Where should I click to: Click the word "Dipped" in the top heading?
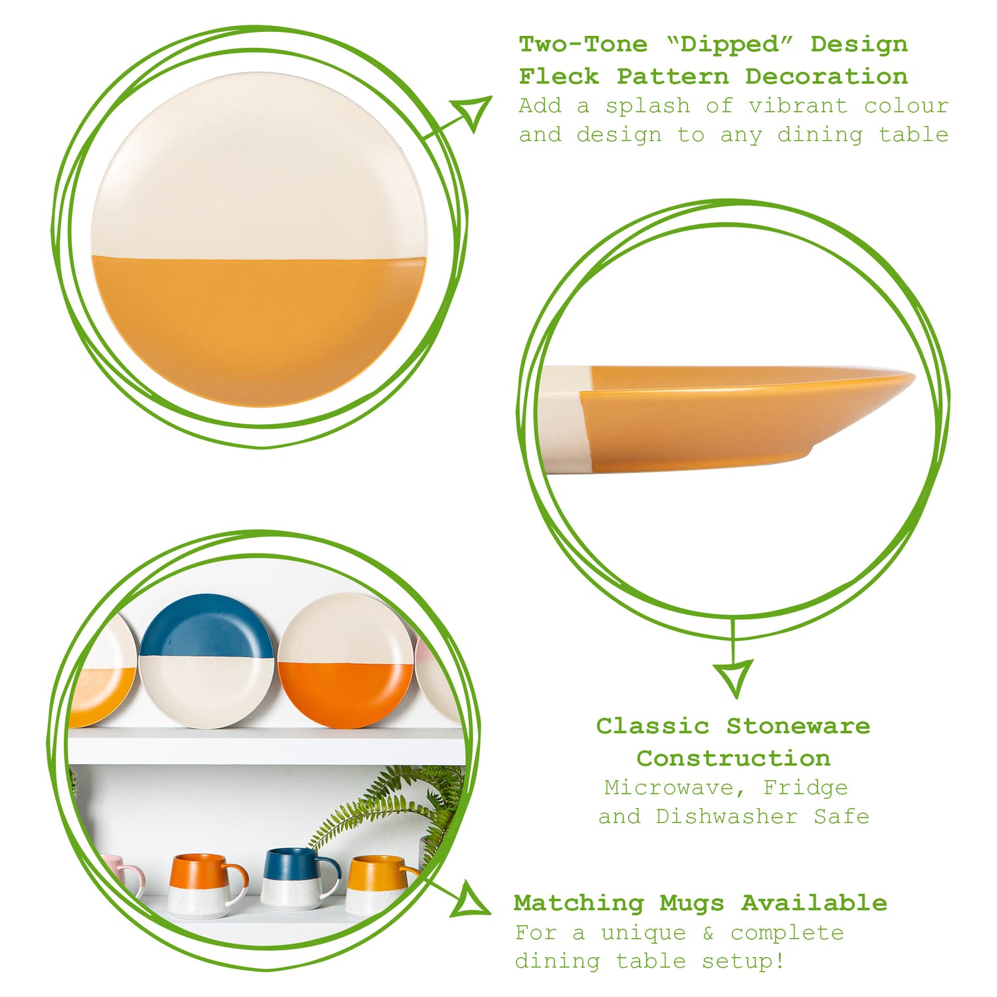(x=727, y=45)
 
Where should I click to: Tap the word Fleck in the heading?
(x=559, y=76)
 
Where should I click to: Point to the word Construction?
(x=733, y=758)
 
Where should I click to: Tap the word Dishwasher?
(x=726, y=816)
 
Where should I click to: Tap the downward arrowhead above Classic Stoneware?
(x=734, y=677)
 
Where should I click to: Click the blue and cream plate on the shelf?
(x=207, y=661)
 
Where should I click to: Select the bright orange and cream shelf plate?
(x=346, y=661)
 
